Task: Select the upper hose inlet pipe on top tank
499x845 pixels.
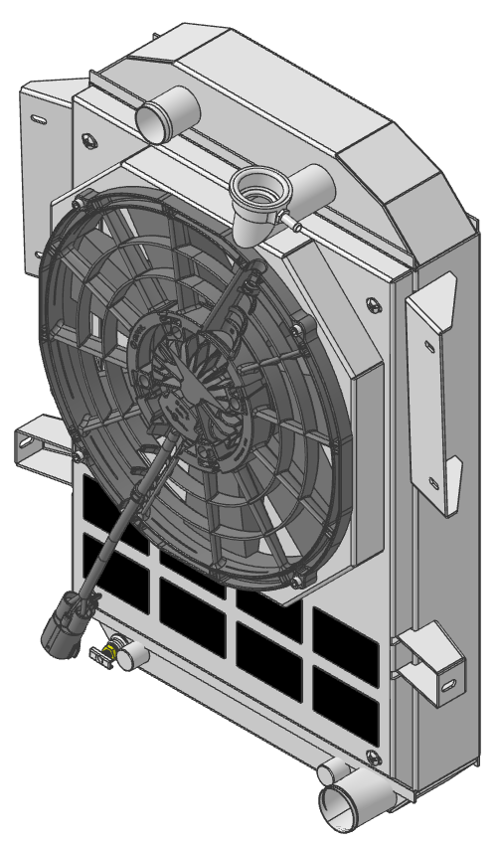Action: coord(157,117)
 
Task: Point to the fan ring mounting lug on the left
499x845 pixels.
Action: coord(78,456)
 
